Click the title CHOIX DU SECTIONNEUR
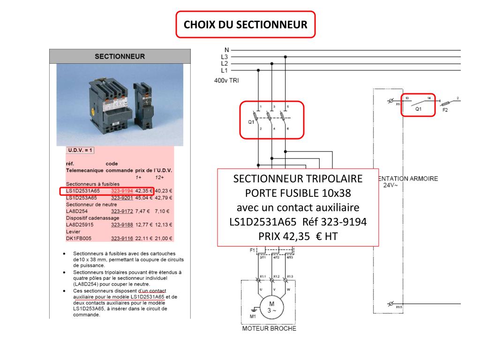[245, 24]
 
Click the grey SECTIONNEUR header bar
[120, 56]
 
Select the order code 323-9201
[122, 198]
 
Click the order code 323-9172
[122, 211]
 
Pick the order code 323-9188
[122, 225]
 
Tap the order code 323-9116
[122, 239]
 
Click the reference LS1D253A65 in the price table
[83, 198]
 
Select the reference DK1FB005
[78, 239]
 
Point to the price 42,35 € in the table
[144, 191]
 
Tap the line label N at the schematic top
[227, 50]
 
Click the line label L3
[225, 57]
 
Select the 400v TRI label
[226, 81]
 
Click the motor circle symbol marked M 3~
[271, 307]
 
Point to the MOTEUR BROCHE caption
[269, 329]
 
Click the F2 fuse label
[445, 111]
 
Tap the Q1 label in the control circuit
[419, 109]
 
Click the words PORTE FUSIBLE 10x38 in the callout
[298, 193]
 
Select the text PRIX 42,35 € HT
[298, 236]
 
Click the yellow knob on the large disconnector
[93, 112]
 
